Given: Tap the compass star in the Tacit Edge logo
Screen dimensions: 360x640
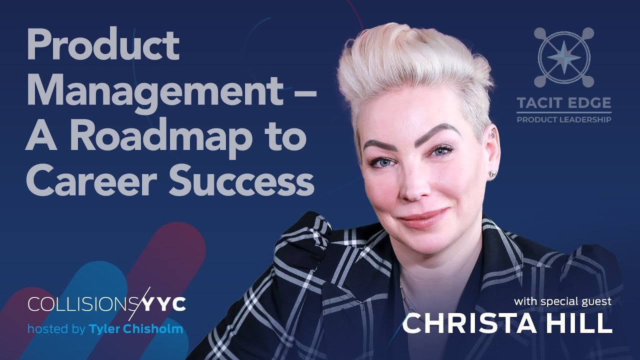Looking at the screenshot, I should [x=564, y=56].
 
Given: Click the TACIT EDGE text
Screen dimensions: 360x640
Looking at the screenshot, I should [x=564, y=103].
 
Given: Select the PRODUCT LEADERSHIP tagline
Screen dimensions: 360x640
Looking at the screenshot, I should [x=564, y=119].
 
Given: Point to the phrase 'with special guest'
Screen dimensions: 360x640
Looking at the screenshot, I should [x=562, y=301].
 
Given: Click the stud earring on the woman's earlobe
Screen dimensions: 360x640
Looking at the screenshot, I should [x=492, y=173].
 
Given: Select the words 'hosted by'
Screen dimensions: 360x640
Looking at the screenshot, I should [x=56, y=329].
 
